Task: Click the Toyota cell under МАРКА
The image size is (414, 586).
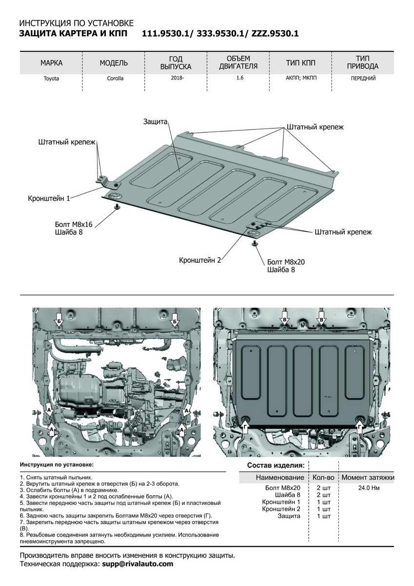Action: pyautogui.click(x=51, y=79)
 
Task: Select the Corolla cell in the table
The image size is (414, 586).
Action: pyautogui.click(x=115, y=78)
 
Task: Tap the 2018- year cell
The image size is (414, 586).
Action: pyautogui.click(x=177, y=78)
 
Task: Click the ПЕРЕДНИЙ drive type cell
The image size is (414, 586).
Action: pyautogui.click(x=363, y=78)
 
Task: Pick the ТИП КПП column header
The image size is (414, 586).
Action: pyautogui.click(x=301, y=63)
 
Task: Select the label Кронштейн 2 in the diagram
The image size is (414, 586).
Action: pyautogui.click(x=200, y=260)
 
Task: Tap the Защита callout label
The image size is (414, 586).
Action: pyautogui.click(x=156, y=121)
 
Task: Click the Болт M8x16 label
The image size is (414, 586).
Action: pyautogui.click(x=74, y=224)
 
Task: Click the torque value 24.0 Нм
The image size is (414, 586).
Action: pyautogui.click(x=368, y=487)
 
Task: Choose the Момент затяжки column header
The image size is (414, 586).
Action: pyautogui.click(x=368, y=477)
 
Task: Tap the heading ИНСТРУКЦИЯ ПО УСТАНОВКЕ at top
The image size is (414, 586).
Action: pyautogui.click(x=75, y=23)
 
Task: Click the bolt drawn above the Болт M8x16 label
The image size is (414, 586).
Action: pyautogui.click(x=117, y=208)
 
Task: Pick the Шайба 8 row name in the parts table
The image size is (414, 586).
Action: pyautogui.click(x=289, y=495)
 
